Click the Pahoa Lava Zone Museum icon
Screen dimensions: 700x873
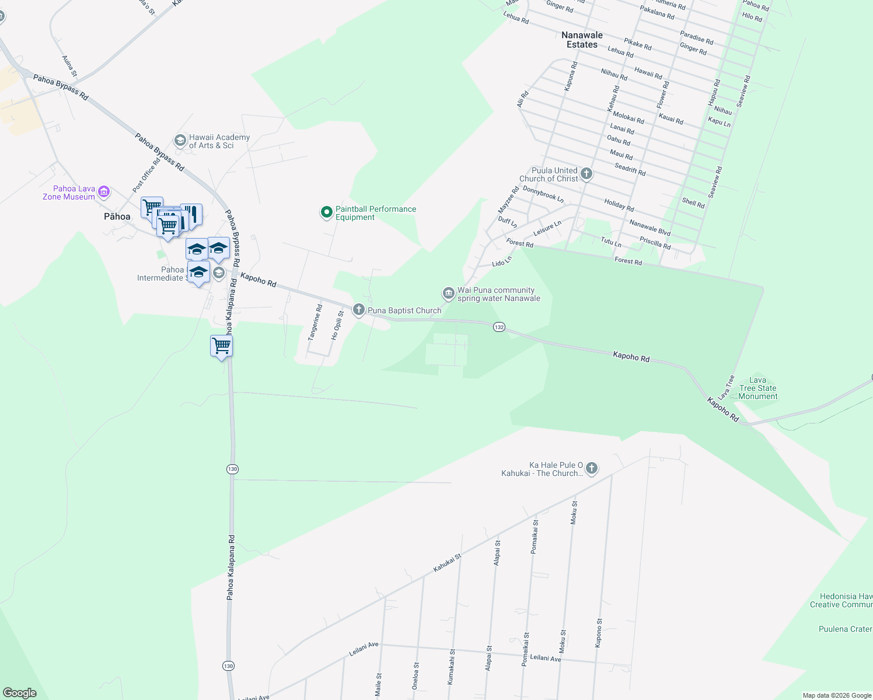point(104,191)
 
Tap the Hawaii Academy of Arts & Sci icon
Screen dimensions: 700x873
point(180,141)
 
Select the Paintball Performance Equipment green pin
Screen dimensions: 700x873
point(327,212)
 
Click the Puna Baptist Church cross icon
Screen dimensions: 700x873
point(359,310)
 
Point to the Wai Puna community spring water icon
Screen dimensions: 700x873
point(448,293)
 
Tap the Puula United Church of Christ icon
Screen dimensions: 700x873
point(586,174)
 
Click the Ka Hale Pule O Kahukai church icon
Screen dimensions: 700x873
point(592,468)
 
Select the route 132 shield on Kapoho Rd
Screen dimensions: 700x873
point(499,327)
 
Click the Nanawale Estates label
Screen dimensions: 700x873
point(582,40)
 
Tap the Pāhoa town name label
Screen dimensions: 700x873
point(117,216)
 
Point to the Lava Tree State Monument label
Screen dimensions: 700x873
point(758,388)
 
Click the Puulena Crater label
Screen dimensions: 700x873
point(845,629)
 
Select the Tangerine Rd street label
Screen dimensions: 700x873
point(315,323)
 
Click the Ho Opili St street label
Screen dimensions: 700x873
point(337,325)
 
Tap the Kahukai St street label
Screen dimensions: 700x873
point(447,562)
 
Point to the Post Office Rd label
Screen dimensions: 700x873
point(146,175)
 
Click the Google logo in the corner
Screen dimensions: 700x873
point(20,693)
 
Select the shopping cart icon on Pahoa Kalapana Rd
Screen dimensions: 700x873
point(222,346)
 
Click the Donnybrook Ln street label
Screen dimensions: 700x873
point(543,194)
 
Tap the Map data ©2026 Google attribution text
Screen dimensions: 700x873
point(837,695)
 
